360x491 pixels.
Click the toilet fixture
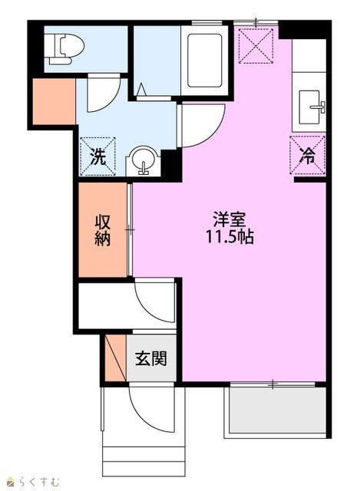[x=64, y=48]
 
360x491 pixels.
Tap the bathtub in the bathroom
[x=205, y=60]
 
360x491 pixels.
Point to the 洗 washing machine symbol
[x=98, y=157]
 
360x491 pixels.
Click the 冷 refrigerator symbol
[x=308, y=155]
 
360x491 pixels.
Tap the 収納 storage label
[x=103, y=230]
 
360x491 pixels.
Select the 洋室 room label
[x=229, y=219]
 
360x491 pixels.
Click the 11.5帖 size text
[x=229, y=236]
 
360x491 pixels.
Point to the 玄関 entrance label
[x=151, y=358]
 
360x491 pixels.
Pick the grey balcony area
[x=278, y=410]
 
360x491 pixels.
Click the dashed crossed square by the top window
[x=256, y=46]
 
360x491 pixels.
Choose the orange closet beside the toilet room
[x=54, y=101]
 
